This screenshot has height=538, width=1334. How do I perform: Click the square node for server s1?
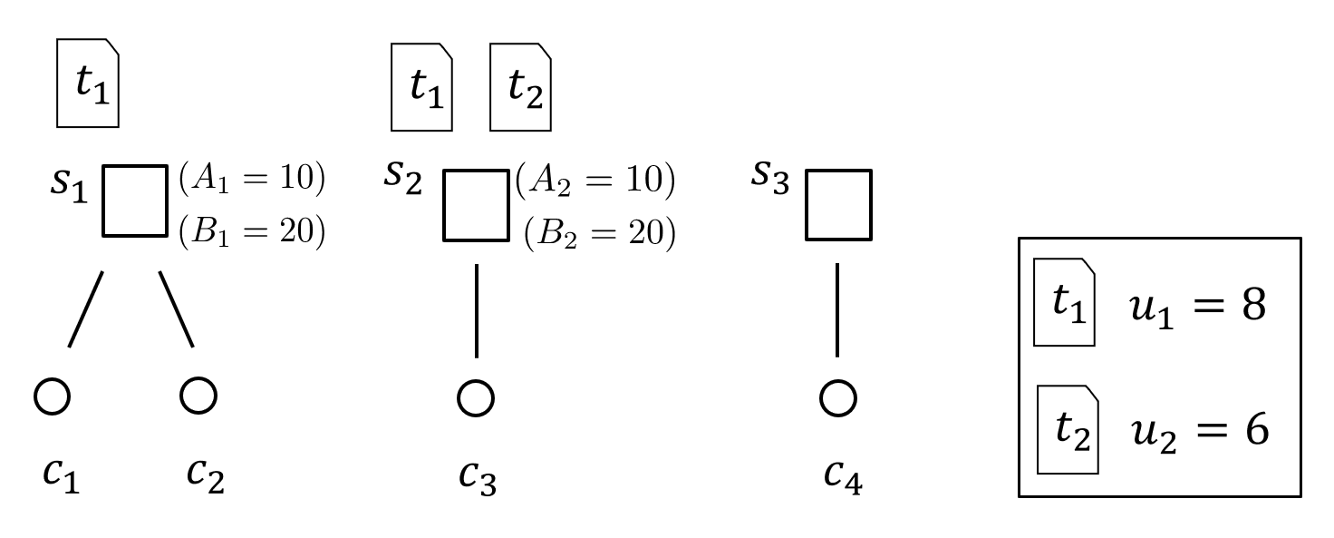click(135, 201)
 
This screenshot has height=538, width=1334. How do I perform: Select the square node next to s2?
click(476, 205)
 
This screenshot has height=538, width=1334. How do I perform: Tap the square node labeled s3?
click(838, 205)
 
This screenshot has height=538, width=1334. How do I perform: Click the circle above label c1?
click(52, 396)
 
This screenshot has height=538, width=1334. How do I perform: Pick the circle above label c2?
click(198, 396)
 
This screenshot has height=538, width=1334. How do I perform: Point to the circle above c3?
click(476, 397)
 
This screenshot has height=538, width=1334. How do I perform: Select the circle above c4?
click(838, 397)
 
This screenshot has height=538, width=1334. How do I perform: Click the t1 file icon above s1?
click(88, 83)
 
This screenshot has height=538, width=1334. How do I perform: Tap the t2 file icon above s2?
click(520, 87)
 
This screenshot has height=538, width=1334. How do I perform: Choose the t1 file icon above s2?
click(421, 87)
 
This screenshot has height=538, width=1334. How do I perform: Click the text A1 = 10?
click(251, 180)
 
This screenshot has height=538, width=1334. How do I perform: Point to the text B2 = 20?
click(599, 234)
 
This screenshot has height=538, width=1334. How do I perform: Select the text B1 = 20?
click(251, 233)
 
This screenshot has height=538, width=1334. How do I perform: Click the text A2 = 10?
click(594, 182)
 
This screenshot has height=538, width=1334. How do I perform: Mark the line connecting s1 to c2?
click(177, 308)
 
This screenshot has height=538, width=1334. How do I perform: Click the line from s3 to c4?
click(836, 309)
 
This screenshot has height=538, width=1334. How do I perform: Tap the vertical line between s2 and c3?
click(476, 310)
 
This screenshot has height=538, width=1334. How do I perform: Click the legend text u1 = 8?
click(1196, 307)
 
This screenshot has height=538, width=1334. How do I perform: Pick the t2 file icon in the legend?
click(1068, 429)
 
